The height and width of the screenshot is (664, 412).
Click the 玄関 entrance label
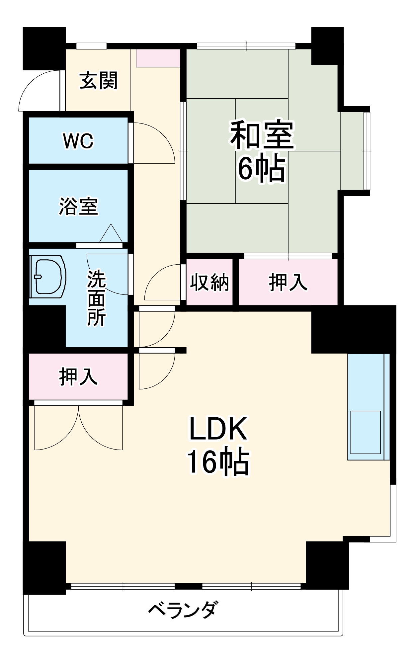[98, 81]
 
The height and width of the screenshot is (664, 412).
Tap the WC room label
[78, 141]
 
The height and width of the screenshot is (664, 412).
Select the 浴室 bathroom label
[78, 206]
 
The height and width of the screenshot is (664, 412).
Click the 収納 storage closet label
[209, 283]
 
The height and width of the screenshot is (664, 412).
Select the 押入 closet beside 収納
[288, 283]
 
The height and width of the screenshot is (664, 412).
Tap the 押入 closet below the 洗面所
[78, 377]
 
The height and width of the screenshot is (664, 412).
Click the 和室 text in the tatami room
[262, 135]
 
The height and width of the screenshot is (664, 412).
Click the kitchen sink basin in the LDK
[366, 432]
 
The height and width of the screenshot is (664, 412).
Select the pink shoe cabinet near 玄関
[158, 58]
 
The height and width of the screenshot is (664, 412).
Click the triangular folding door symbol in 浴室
[111, 234]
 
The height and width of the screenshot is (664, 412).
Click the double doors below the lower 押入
[78, 428]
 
